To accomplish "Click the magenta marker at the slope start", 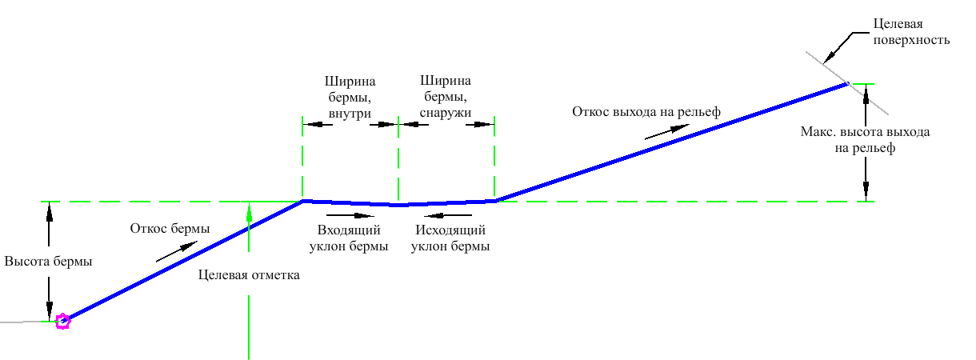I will coord(62,322).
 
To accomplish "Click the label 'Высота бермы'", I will coord(48,262).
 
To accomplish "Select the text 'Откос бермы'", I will coord(170,228).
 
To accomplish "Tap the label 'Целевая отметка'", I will coord(249,275).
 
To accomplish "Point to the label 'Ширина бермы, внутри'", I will coord(350,98).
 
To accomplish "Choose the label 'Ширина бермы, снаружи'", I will coord(446,98).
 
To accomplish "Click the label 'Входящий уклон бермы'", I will coord(349,238).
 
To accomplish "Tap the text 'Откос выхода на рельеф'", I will coord(646,111).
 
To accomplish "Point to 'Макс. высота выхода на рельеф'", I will coord(866,139).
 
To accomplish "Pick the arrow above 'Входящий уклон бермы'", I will coord(350,214).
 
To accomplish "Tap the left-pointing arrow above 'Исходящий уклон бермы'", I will coord(448,214).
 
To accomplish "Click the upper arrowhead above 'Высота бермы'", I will coord(50,210).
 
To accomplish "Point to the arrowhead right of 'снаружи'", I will coord(486,125).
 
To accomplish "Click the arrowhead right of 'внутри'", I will coord(390,125).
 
